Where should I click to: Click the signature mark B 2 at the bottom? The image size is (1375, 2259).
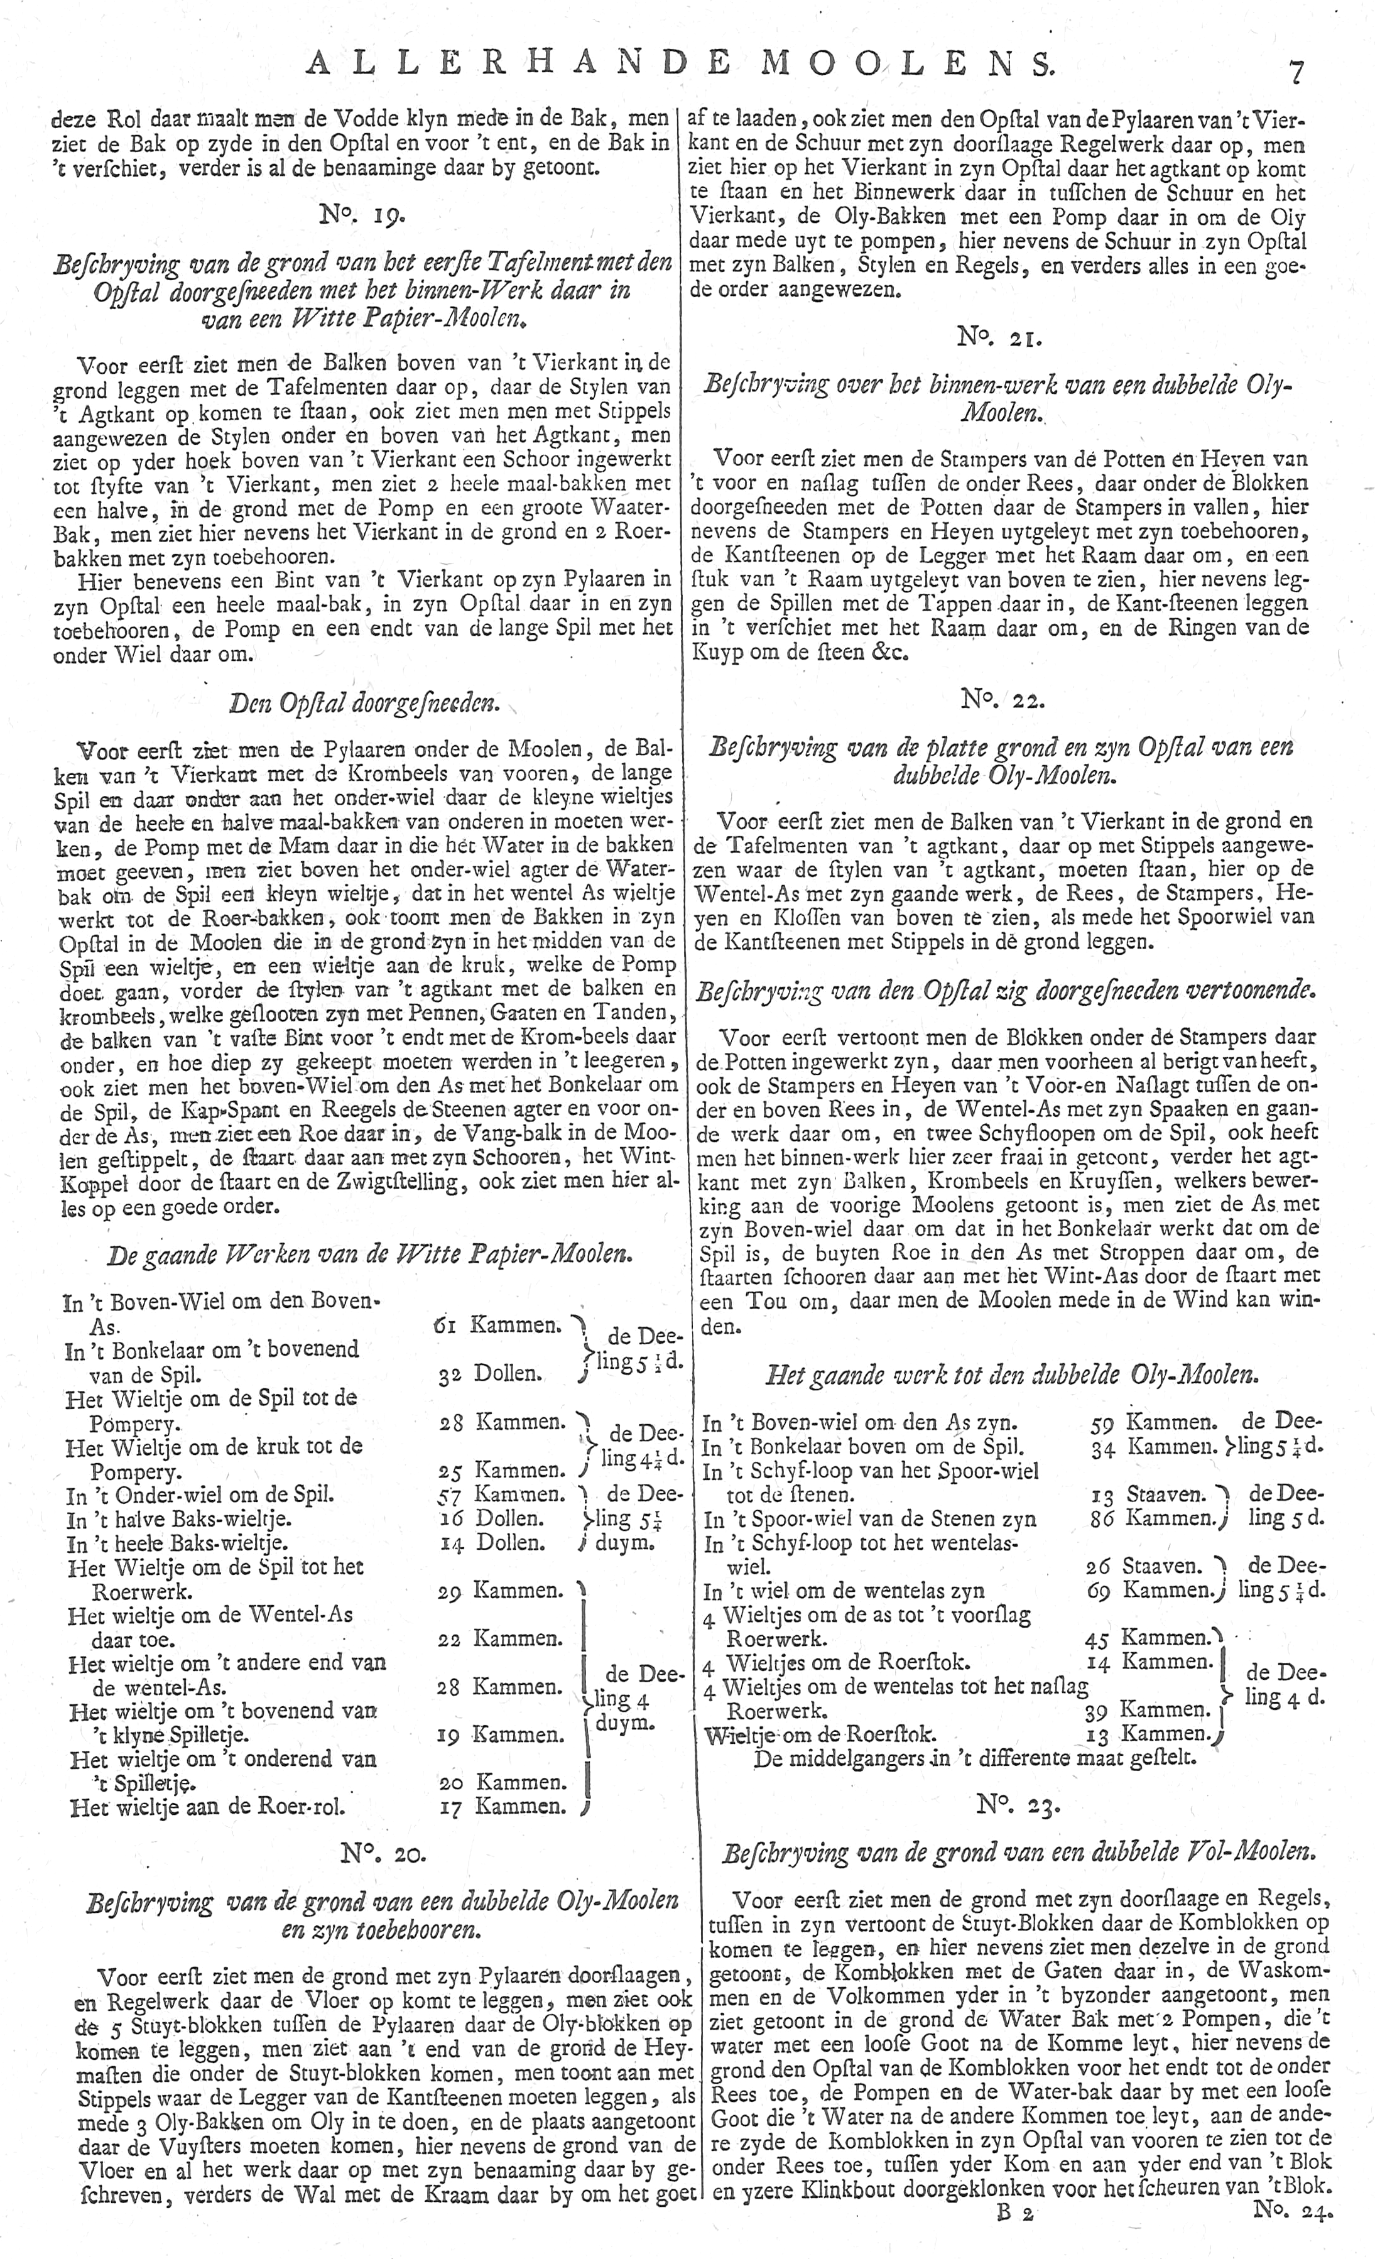1013,2237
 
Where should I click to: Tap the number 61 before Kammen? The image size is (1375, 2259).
447,1325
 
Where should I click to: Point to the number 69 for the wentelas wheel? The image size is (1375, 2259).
1099,1590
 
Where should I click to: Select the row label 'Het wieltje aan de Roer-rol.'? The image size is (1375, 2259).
207,1807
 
